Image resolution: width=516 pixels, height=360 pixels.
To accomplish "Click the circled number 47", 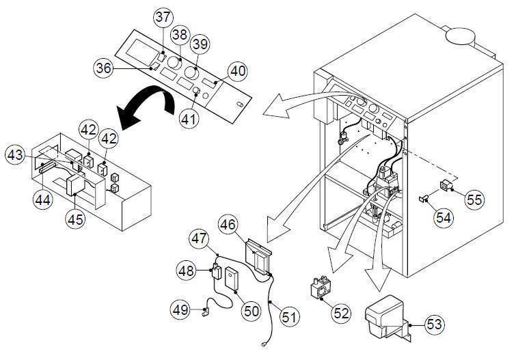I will (198, 240).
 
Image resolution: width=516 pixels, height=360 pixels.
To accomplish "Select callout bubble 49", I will (180, 311).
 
